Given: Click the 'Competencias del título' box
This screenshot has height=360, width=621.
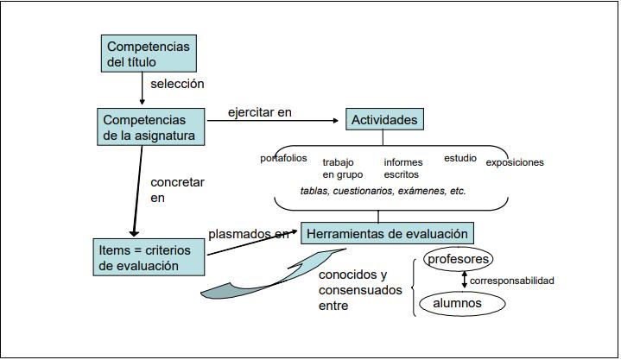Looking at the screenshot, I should (x=149, y=54).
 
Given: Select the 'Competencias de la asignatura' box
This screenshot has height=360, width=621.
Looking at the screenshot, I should (x=151, y=126).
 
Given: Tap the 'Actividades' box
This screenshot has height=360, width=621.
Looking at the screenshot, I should (x=384, y=120).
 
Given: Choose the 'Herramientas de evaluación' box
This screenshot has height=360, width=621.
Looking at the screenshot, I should (x=387, y=233).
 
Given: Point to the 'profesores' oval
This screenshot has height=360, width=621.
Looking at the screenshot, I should (x=459, y=259).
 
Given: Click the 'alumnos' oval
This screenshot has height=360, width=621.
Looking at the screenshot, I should (x=457, y=304).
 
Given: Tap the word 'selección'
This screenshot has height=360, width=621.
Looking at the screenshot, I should (x=177, y=85).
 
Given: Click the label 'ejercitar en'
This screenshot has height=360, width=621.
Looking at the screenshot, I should (x=260, y=112).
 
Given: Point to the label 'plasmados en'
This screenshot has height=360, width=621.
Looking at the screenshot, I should (x=249, y=233).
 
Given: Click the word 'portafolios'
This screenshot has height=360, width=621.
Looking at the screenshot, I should (x=284, y=158).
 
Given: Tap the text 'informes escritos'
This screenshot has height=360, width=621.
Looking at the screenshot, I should (x=404, y=168).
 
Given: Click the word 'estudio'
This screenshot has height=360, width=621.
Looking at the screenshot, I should (x=460, y=158).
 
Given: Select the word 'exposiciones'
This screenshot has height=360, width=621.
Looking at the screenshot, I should (x=515, y=162).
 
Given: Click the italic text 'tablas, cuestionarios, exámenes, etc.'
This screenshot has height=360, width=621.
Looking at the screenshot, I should (x=383, y=191).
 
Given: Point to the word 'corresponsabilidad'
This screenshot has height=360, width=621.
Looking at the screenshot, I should (x=512, y=281).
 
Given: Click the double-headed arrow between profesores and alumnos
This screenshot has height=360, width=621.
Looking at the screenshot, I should (x=465, y=281).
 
